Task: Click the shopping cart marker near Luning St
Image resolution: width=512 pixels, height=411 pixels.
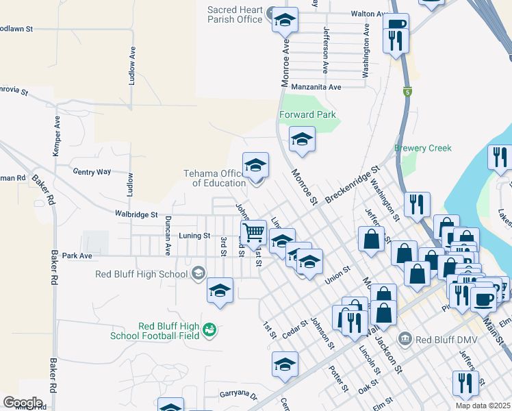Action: click(x=253, y=233)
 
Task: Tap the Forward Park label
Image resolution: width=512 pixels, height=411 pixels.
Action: click(x=307, y=114)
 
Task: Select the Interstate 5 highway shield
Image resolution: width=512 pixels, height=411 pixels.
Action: click(x=407, y=92)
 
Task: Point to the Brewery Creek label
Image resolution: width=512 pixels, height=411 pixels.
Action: click(x=422, y=148)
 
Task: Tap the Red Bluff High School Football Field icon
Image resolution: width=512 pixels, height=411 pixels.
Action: click(x=211, y=330)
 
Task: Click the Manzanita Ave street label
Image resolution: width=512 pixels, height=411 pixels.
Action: click(x=316, y=87)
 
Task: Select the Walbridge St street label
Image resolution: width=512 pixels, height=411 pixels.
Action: click(x=136, y=214)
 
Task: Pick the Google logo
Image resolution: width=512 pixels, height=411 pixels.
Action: click(x=23, y=402)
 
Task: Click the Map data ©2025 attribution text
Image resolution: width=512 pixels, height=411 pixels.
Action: click(x=483, y=406)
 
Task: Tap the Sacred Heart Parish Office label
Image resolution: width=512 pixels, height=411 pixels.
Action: click(x=235, y=14)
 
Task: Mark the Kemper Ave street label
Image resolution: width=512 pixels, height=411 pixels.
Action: click(x=57, y=131)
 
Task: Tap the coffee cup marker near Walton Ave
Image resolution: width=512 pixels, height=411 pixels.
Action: click(x=396, y=25)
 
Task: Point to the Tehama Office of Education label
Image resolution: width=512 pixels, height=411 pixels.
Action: click(x=214, y=178)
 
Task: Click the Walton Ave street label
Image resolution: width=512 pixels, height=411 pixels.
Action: click(x=370, y=14)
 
